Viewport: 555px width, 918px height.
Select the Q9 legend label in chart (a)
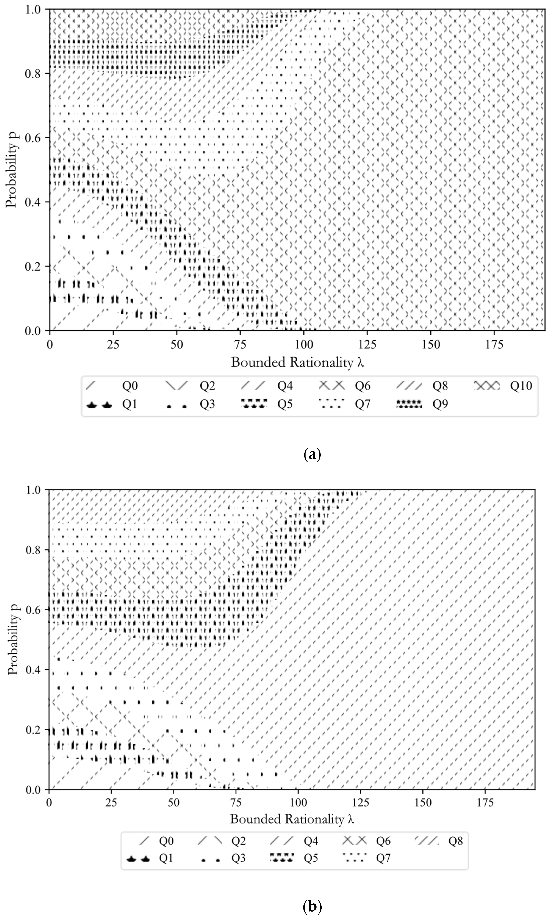tap(440, 404)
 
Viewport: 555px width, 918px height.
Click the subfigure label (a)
tap(312, 454)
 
